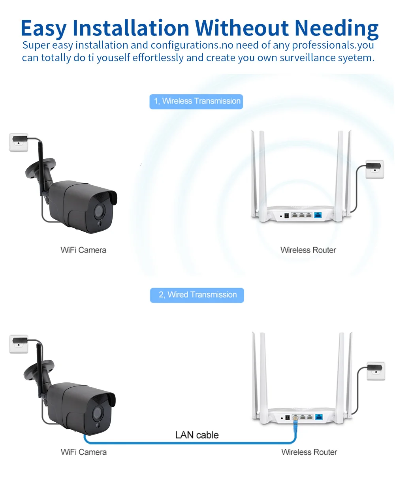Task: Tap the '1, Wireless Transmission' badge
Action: point(196,102)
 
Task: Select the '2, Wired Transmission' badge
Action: point(197,295)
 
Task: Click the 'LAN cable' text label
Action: point(197,435)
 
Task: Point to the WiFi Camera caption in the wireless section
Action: point(83,250)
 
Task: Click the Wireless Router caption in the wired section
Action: point(309,452)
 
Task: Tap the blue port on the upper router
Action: point(318,215)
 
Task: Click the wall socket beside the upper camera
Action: point(19,142)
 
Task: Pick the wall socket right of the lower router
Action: point(376,370)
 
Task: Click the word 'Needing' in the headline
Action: point(337,28)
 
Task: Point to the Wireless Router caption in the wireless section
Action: point(308,250)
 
